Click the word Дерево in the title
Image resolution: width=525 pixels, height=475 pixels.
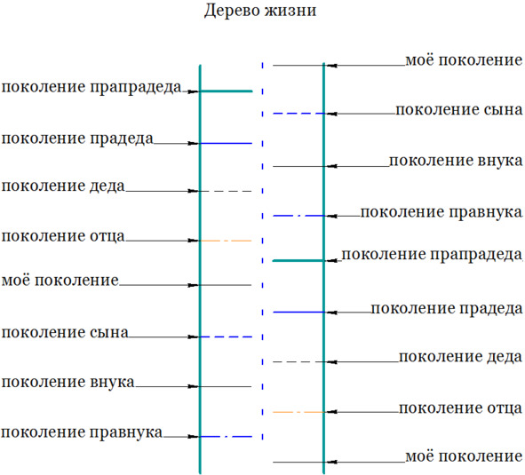232,10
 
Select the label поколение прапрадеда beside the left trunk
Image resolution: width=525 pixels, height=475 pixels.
91,88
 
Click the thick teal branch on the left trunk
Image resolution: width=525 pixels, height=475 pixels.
227,91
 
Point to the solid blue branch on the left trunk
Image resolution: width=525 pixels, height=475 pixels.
227,143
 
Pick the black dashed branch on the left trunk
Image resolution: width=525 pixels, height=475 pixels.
227,191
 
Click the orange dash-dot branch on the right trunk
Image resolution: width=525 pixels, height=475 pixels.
298,412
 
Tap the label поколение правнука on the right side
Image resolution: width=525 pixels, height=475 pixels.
441,212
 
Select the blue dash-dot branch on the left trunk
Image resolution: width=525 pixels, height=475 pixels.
227,437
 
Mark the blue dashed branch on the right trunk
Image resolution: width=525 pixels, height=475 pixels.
298,114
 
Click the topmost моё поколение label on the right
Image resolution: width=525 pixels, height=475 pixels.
464,60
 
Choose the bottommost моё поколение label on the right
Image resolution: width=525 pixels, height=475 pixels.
464,456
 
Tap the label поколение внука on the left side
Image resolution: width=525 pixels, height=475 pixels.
68,383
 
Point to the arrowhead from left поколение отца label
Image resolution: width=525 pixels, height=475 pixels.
194,241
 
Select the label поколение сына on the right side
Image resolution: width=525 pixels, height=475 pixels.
459,110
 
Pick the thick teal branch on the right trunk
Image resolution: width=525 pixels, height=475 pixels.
298,260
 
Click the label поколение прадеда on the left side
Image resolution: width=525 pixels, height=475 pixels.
77,139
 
